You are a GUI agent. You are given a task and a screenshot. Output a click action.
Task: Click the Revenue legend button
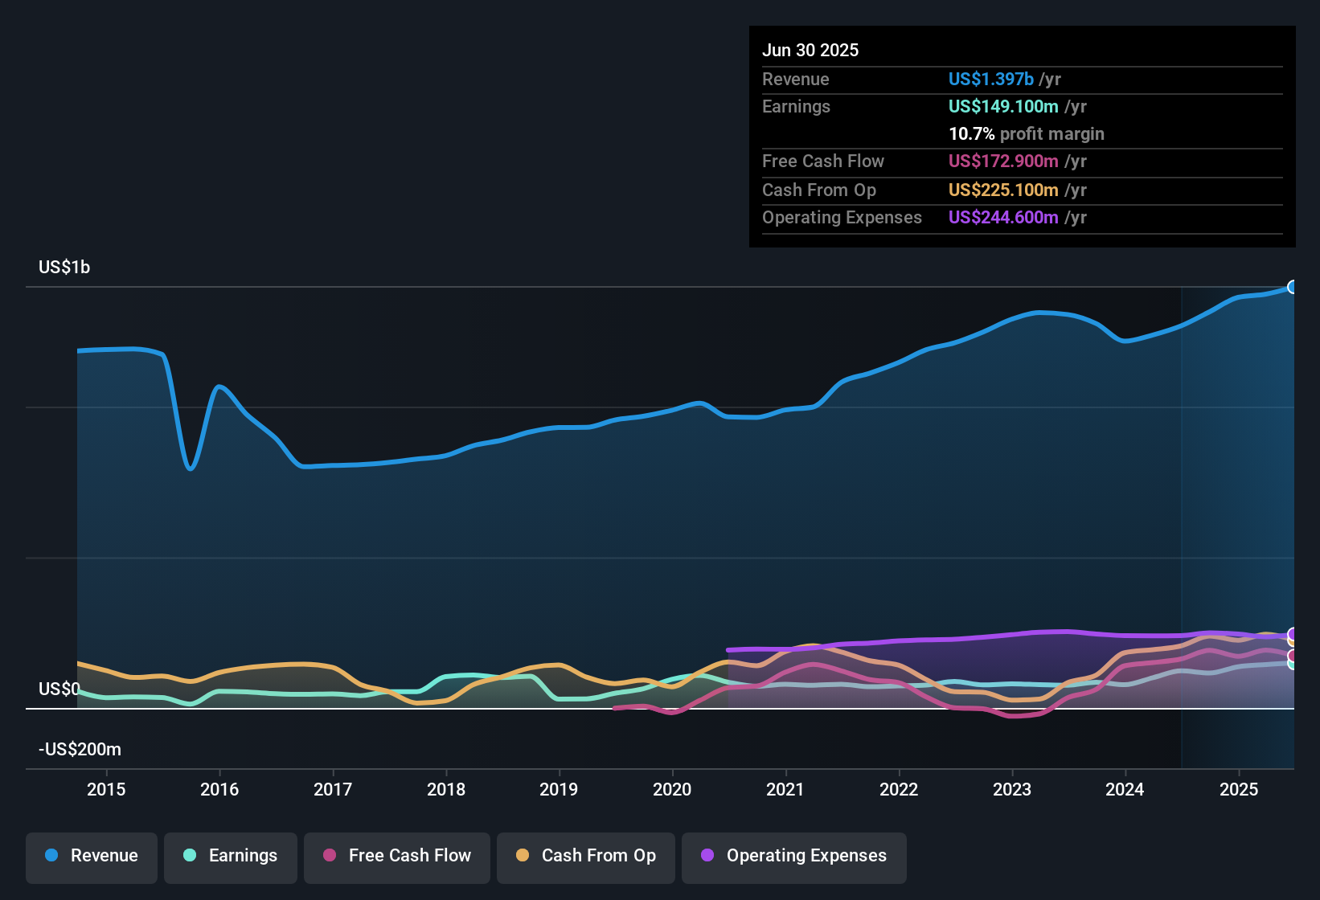coord(92,856)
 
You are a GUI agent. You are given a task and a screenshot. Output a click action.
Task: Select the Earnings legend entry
coord(231,856)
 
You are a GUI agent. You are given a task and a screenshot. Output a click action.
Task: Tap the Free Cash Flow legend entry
coord(397,856)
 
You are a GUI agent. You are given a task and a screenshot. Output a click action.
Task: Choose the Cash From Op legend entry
coord(586,856)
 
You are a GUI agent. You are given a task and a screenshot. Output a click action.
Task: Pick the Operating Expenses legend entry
coord(794,856)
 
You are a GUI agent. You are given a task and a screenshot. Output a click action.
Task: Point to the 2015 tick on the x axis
coord(106,789)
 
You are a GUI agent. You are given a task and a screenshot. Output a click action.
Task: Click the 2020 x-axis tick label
coord(672,789)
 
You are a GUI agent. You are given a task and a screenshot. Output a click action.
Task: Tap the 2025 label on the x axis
coord(1239,789)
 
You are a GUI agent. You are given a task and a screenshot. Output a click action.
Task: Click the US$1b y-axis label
coord(64,268)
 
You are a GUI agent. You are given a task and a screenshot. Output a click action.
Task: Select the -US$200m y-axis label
coord(80,750)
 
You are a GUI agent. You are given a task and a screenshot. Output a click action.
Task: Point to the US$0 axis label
coord(59,689)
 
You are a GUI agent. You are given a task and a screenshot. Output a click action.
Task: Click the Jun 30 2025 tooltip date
coord(810,51)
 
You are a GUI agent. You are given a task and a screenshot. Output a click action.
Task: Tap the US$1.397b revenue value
coord(990,80)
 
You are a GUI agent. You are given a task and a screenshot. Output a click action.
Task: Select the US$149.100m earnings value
coord(1003,107)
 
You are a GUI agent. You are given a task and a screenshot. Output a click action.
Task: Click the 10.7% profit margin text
coord(1027,134)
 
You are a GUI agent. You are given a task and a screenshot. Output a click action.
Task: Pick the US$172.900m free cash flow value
coord(1003,162)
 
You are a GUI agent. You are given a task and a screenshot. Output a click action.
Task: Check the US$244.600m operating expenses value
coord(1003,218)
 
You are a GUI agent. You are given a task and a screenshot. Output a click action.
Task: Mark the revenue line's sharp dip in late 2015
coord(190,468)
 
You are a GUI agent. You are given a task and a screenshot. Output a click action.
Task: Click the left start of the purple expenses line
coord(728,650)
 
